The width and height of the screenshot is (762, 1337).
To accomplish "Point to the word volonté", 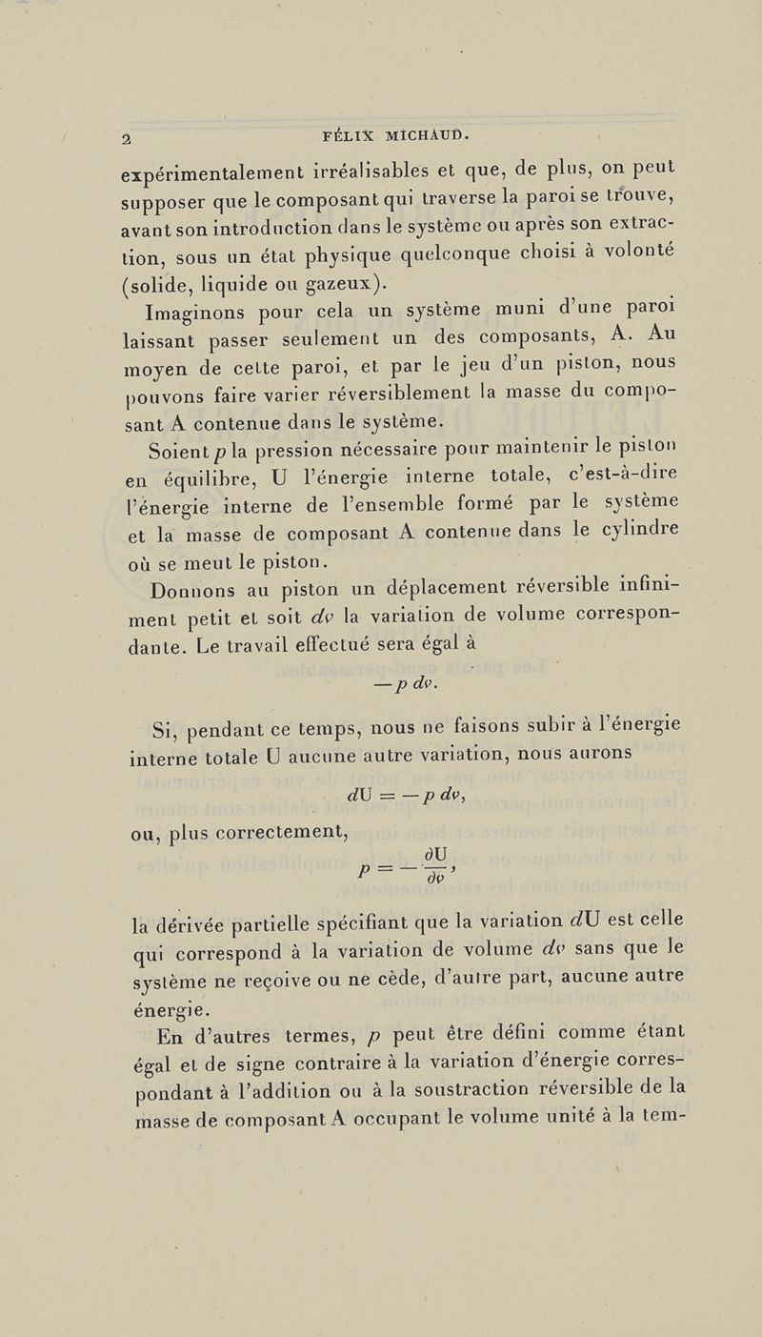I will [x=637, y=254].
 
